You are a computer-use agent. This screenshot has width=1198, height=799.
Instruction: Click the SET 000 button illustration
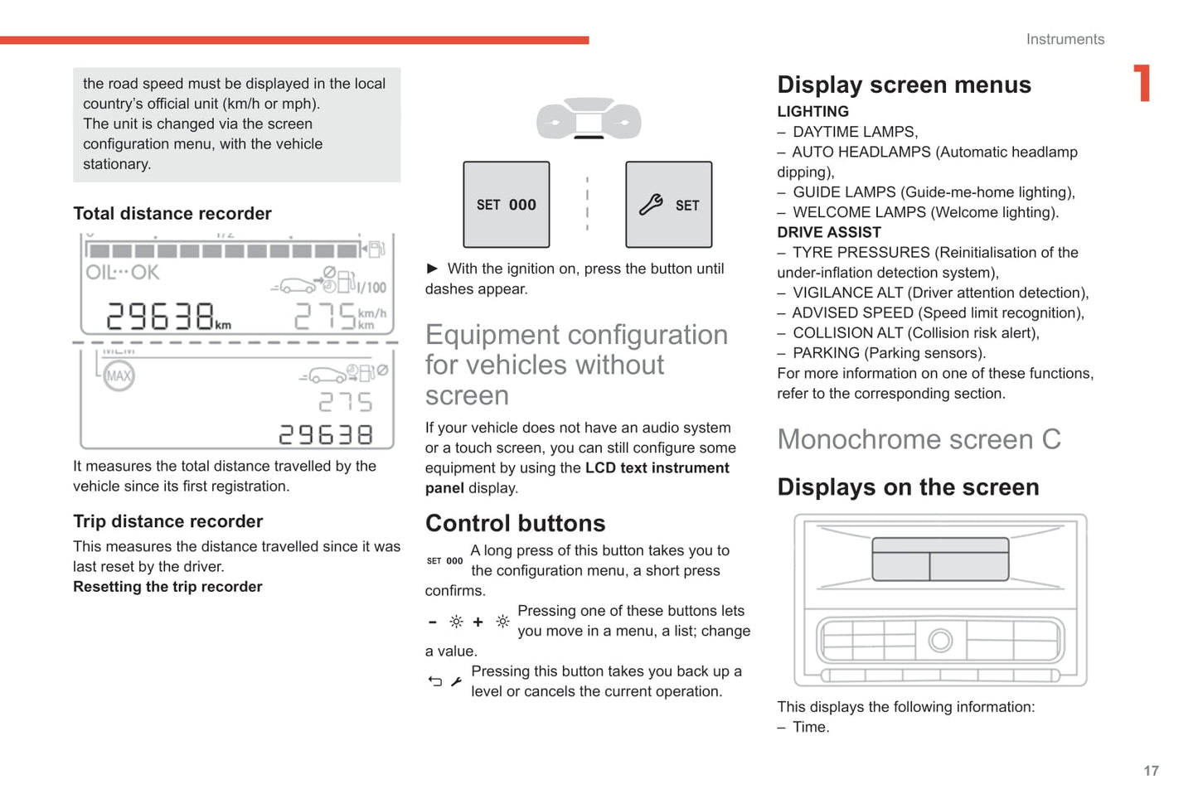coord(506,205)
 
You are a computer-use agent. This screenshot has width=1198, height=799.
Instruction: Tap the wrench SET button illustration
coord(668,205)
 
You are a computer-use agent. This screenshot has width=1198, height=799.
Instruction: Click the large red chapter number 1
coord(1142,84)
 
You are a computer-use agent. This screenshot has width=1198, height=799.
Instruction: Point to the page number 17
coord(1151,771)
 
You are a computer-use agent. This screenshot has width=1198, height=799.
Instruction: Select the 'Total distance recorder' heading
coord(172,214)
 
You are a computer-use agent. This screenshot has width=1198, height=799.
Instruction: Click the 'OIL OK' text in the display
coord(123,273)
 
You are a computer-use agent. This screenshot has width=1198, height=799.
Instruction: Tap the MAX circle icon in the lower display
coord(119,375)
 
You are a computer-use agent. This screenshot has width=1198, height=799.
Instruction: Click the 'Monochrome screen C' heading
coord(919,439)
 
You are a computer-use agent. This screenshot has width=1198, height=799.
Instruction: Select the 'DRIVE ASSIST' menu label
coord(828,233)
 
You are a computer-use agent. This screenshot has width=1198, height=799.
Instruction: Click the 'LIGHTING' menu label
coord(812,112)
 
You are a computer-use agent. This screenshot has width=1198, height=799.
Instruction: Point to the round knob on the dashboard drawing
coord(940,640)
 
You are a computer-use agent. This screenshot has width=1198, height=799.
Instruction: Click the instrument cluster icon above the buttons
coord(589,119)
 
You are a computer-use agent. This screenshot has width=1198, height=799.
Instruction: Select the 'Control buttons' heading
coord(515,524)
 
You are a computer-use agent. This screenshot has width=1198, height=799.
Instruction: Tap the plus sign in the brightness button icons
coord(478,622)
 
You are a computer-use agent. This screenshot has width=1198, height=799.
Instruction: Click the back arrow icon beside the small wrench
coord(435,681)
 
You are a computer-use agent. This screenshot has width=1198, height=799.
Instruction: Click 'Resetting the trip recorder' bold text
coord(167,587)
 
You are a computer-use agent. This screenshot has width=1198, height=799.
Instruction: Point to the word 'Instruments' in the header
coord(1065,39)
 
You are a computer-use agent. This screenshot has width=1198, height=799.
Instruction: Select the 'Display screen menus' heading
coord(904,85)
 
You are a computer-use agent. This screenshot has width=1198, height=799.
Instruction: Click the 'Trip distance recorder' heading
coord(167,521)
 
